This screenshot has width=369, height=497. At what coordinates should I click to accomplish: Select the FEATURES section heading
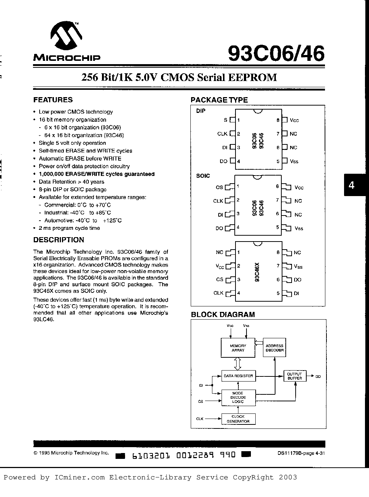53,100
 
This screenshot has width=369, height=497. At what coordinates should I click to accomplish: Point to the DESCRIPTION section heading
59,240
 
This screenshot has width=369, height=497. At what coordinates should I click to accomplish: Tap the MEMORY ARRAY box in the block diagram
238,348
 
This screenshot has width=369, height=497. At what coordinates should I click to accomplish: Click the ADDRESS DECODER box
274,348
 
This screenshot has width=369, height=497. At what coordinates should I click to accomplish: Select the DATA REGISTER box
238,376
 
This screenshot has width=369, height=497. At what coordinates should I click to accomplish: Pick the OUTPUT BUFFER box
295,376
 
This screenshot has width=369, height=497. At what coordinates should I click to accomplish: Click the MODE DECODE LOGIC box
238,397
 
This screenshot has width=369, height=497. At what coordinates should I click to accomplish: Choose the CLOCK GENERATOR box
238,419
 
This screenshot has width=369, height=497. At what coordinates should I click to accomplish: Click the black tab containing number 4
351,185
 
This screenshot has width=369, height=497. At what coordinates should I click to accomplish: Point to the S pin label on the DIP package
225,120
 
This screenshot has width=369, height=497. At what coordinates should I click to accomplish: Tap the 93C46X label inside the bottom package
257,272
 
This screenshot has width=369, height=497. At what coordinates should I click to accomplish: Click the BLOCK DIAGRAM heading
223,314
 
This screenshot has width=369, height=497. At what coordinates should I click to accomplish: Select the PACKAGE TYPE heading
219,100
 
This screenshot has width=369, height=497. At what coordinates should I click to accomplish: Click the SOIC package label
203,176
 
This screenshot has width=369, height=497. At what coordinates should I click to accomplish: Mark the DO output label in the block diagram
318,376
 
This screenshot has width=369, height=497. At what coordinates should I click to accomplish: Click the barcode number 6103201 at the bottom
151,456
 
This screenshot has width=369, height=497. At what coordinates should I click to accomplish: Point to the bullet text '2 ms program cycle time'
69,228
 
